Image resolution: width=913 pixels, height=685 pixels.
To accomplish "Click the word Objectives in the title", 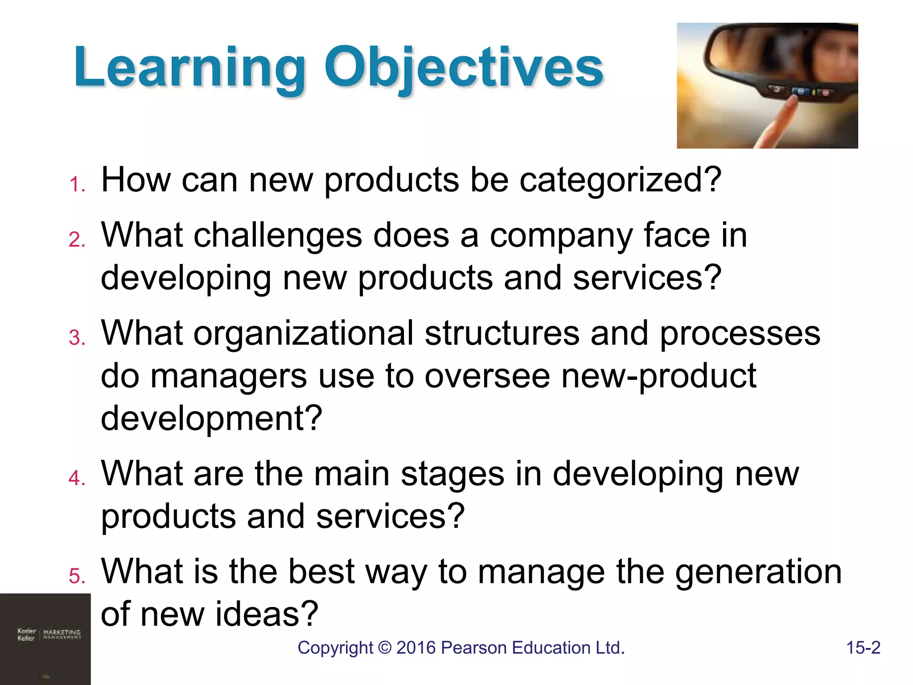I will pyautogui.click(x=464, y=68).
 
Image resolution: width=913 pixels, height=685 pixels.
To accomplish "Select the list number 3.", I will pyautogui.click(x=77, y=338).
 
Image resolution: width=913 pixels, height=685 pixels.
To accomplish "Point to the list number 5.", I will pyautogui.click(x=77, y=576).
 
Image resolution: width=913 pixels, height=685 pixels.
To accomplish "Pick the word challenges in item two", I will pyautogui.click(x=278, y=235).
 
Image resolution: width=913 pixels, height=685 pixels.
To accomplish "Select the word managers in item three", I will pyautogui.click(x=228, y=376).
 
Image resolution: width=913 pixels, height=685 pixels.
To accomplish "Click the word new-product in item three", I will pyautogui.click(x=658, y=376).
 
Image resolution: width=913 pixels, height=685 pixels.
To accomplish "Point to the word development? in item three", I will pyautogui.click(x=211, y=418).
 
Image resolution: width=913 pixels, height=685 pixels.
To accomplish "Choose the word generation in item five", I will pyautogui.click(x=758, y=573).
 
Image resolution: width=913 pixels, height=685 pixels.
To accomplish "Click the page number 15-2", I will pyautogui.click(x=863, y=648).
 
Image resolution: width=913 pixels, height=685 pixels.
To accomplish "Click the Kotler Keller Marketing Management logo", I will pyautogui.click(x=49, y=634).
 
